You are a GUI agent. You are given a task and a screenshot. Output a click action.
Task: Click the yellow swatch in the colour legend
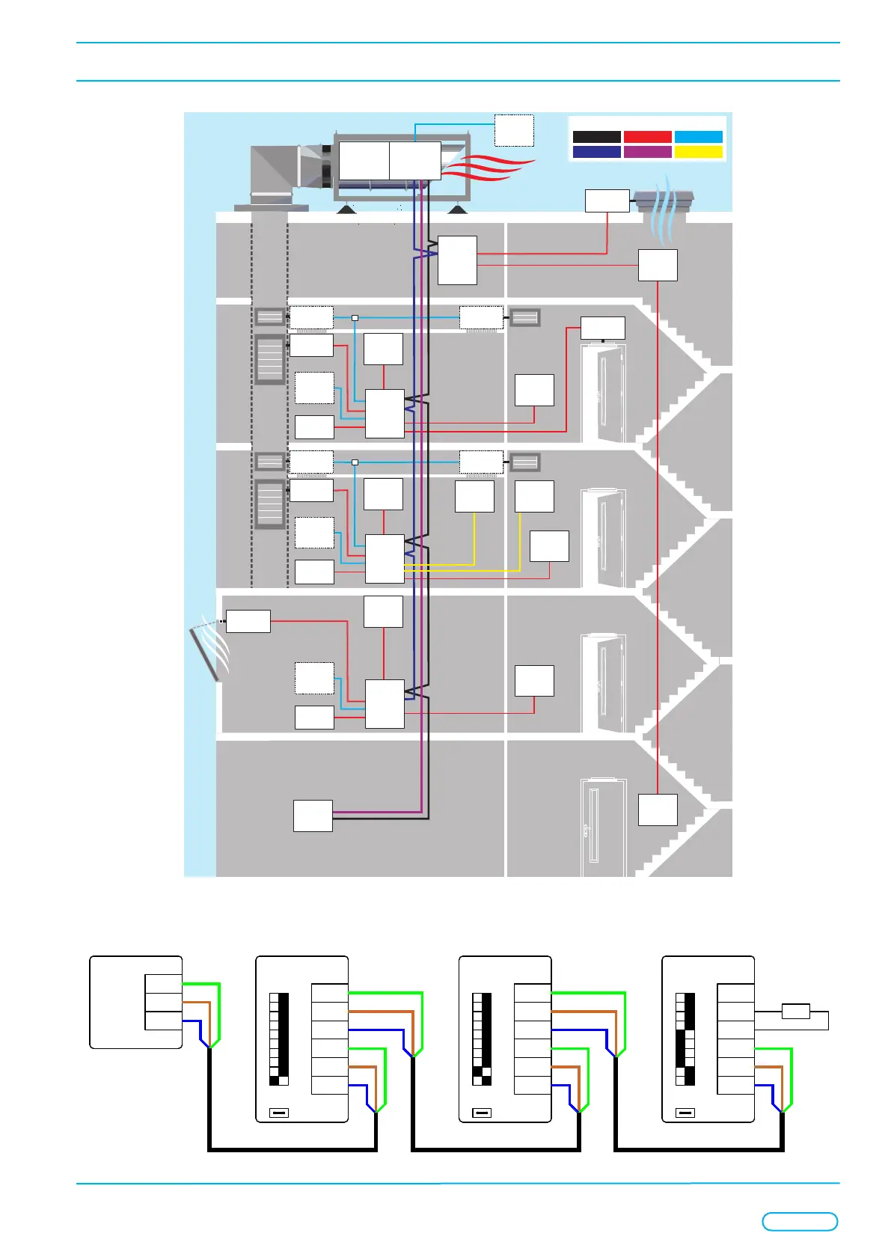pyautogui.click(x=698, y=152)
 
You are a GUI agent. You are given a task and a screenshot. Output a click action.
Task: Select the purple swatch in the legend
pyautogui.click(x=647, y=152)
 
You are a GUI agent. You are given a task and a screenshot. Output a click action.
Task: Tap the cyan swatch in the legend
pyautogui.click(x=698, y=137)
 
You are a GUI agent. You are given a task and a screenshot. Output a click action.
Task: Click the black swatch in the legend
pyautogui.click(x=596, y=137)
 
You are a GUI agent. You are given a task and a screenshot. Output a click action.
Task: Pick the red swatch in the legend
pyautogui.click(x=647, y=137)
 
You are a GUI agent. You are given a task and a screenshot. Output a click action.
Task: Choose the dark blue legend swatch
pyautogui.click(x=596, y=152)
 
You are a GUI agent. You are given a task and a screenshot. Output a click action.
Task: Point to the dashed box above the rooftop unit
pyautogui.click(x=514, y=130)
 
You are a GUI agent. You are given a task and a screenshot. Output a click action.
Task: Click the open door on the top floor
pyautogui.click(x=603, y=393)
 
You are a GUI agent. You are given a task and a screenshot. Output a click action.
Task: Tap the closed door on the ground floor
pyautogui.click(x=603, y=827)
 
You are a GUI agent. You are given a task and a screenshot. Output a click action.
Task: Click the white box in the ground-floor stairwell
pyautogui.click(x=658, y=810)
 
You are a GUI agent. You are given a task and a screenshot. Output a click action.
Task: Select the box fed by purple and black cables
pyautogui.click(x=313, y=816)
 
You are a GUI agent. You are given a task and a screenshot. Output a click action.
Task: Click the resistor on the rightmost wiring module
pyautogui.click(x=795, y=1012)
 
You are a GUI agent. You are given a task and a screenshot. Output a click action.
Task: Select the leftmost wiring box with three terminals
pyautogui.click(x=136, y=1002)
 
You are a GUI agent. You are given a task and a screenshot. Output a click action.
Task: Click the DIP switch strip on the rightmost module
pyautogui.click(x=685, y=1039)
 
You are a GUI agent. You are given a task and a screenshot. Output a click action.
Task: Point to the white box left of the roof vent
pyautogui.click(x=607, y=201)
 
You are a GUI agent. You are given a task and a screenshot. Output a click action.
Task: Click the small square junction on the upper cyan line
pyautogui.click(x=355, y=318)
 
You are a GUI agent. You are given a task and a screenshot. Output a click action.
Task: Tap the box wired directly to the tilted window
pyautogui.click(x=248, y=621)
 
